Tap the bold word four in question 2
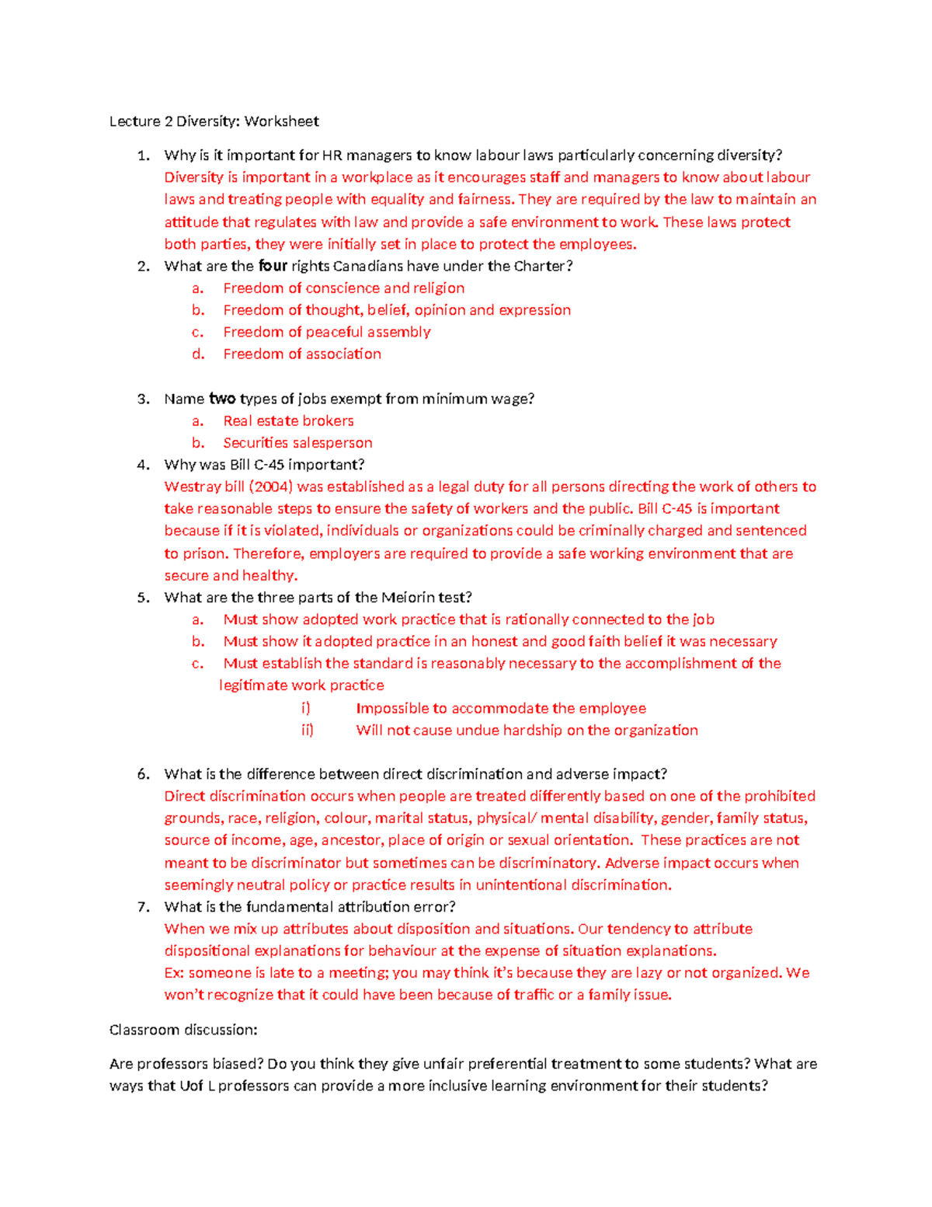click(273, 266)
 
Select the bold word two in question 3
click(222, 399)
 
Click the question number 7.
click(143, 907)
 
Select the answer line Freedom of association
click(302, 354)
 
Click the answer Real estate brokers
click(288, 421)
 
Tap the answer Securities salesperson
click(297, 443)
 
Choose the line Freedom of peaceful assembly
click(327, 332)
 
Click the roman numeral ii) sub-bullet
click(308, 731)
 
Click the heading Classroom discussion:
click(183, 1030)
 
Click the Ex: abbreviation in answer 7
click(174, 973)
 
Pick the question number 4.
click(143, 465)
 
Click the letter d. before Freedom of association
click(199, 354)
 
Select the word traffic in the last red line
click(534, 995)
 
